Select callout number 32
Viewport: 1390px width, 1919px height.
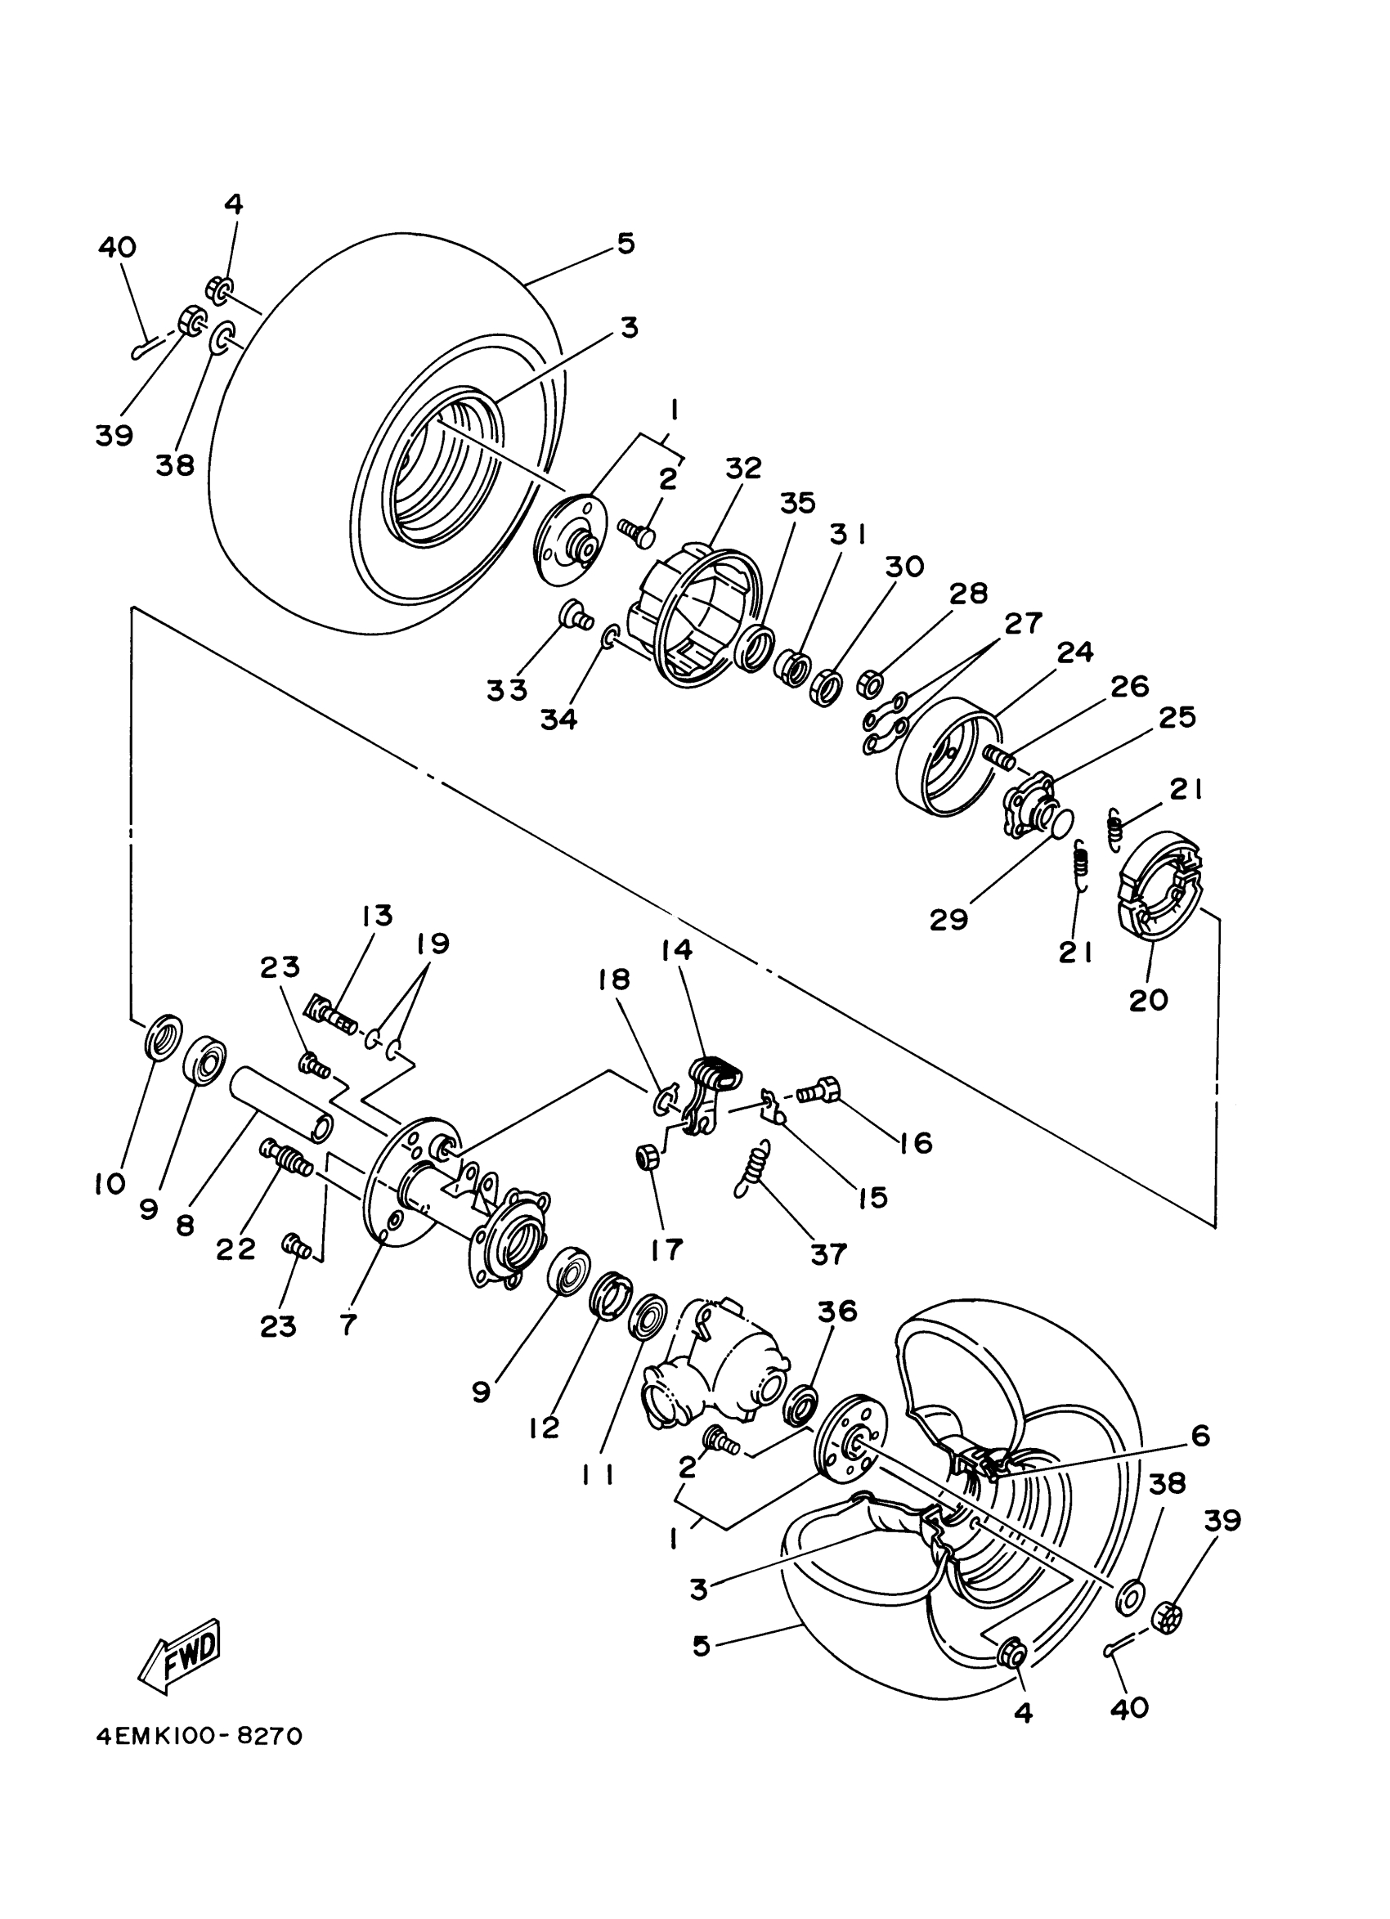click(742, 468)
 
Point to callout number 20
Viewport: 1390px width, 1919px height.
click(1148, 999)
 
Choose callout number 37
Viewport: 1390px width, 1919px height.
click(828, 1253)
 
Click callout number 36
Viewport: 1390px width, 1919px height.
click(836, 1311)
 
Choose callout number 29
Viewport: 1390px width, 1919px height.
click(948, 919)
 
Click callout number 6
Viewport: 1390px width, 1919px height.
click(1199, 1436)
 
